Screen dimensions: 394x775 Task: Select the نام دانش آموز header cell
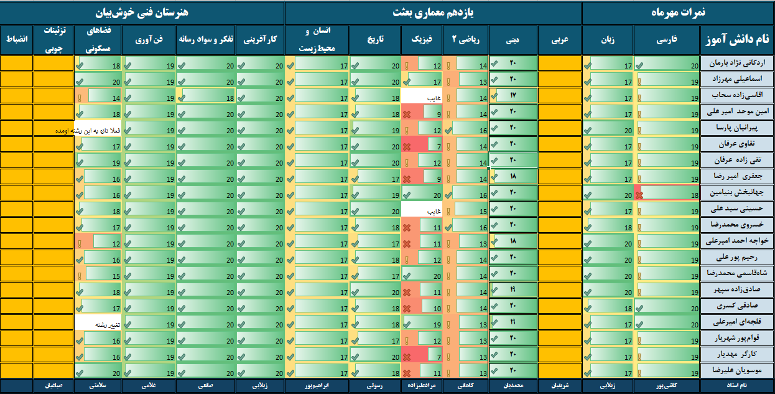click(737, 40)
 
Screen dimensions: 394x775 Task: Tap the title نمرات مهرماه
click(678, 12)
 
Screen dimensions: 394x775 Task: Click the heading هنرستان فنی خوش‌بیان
click(142, 12)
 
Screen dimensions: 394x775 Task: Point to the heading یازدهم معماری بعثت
click(433, 12)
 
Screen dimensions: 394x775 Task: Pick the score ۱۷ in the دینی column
click(513, 96)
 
